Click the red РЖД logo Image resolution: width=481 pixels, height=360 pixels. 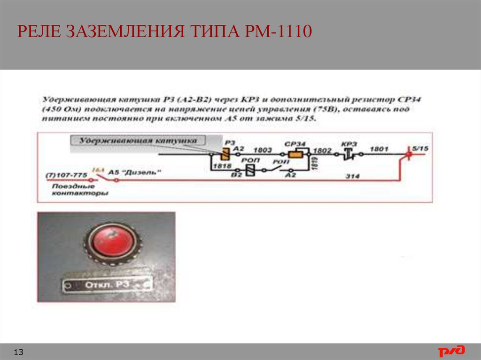452,351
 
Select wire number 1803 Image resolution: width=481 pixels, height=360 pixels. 264,150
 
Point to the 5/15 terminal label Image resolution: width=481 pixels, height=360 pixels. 420,148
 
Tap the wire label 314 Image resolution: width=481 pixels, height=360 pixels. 352,176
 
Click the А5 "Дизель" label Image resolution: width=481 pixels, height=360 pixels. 134,172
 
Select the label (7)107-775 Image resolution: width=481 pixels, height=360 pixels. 66,175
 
